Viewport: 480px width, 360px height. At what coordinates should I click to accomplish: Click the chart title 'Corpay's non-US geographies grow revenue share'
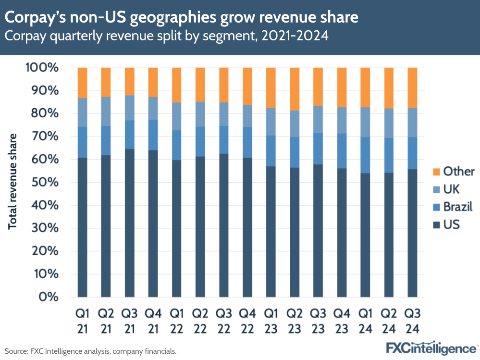coord(182,18)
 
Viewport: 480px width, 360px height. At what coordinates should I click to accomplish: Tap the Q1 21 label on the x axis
coord(83,321)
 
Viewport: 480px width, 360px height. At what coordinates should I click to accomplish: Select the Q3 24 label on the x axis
coord(413,321)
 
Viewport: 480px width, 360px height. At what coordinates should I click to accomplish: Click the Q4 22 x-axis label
coord(247,321)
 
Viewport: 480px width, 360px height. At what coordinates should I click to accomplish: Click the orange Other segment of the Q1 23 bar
coord(271,87)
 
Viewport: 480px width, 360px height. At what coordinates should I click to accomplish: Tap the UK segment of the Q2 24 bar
coord(389,123)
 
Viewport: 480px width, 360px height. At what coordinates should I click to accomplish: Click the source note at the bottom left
coord(90,351)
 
